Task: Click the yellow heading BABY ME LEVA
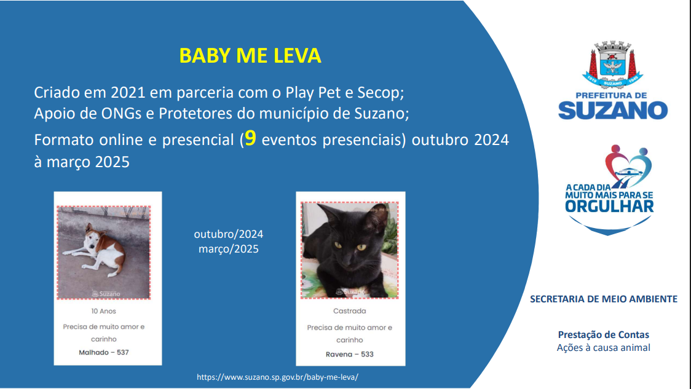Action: [250, 56]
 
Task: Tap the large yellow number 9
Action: [250, 138]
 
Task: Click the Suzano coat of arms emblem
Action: [612, 65]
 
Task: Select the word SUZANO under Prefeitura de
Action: [613, 110]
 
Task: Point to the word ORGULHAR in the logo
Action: [609, 206]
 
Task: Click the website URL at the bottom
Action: [277, 377]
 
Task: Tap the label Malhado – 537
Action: [103, 352]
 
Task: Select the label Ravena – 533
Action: [349, 354]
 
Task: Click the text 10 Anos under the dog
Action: [103, 311]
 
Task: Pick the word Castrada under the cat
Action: [349, 311]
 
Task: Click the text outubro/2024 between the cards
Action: [228, 234]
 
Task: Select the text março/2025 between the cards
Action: [228, 249]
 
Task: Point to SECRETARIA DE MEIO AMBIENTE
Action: [603, 299]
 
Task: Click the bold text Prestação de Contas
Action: [603, 335]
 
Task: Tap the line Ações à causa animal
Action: [603, 348]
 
